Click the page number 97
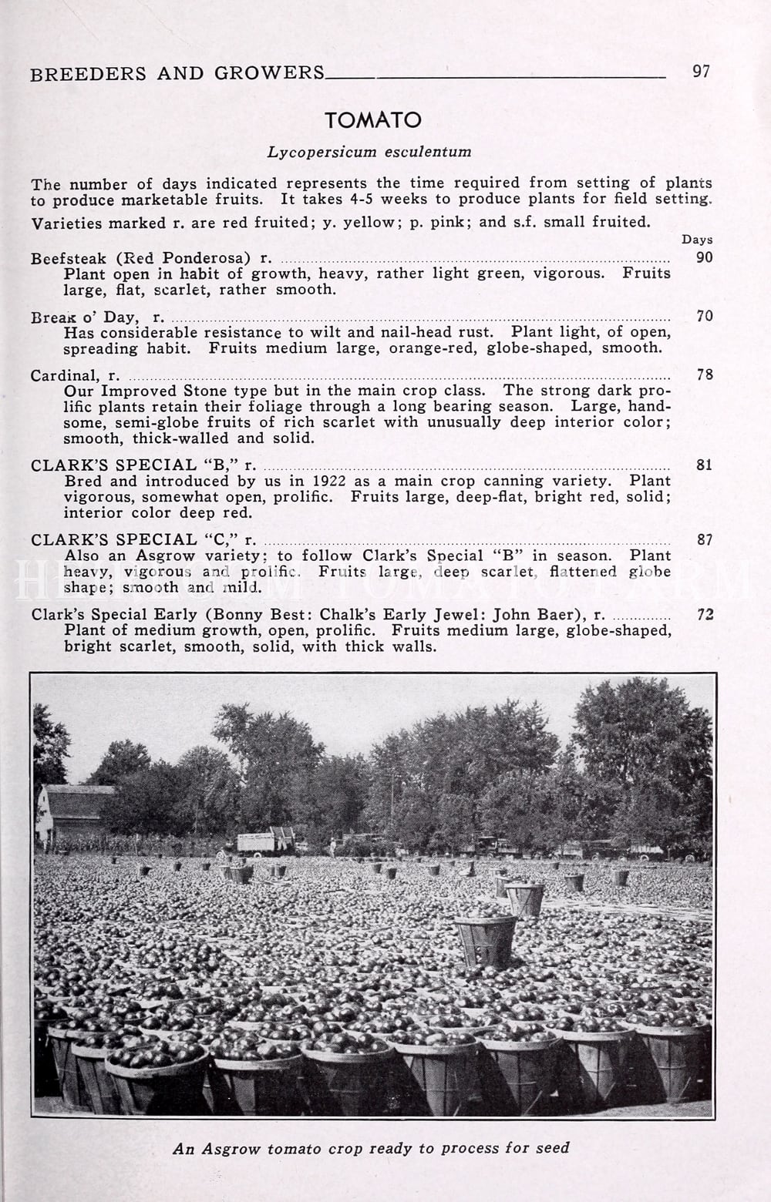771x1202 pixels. (x=701, y=72)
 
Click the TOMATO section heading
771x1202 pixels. (x=373, y=120)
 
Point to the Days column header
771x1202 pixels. (x=697, y=240)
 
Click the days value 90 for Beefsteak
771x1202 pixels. (x=704, y=257)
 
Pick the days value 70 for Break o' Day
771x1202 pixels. (x=704, y=316)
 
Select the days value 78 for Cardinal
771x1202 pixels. (x=704, y=375)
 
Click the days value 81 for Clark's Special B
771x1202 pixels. (x=704, y=465)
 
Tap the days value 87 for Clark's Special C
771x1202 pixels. (x=704, y=540)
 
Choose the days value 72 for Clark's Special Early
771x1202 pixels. (x=704, y=615)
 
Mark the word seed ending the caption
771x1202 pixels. (x=552, y=1148)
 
